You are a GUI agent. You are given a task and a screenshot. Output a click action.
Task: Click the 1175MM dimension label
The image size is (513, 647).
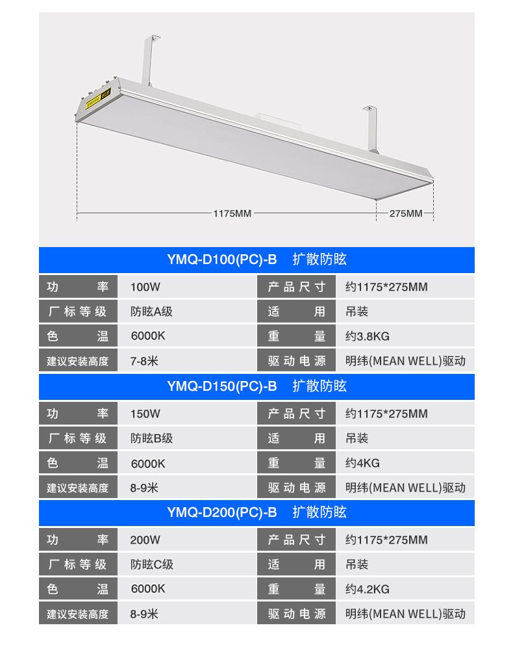tap(232, 213)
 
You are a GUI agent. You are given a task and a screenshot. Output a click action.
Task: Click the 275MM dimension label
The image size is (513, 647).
tap(406, 213)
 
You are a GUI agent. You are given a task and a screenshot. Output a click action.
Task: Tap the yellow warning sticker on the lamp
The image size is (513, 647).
tap(98, 99)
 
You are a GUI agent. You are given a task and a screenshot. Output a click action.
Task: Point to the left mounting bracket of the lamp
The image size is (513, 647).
tap(150, 60)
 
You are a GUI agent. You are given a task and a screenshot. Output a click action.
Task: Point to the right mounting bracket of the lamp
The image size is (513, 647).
tap(371, 129)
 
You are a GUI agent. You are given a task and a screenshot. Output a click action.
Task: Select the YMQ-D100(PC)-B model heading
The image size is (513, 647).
tap(221, 259)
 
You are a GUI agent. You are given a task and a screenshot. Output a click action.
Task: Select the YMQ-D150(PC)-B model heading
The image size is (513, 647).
tap(221, 386)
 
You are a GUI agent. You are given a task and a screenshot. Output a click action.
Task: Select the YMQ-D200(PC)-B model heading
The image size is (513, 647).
tap(221, 512)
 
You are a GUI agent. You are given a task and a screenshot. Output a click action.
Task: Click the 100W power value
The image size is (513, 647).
tap(145, 287)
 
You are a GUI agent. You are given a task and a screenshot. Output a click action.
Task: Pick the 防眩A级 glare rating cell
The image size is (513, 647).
tap(151, 311)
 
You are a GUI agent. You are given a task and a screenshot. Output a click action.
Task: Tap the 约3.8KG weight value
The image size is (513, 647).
tap(367, 336)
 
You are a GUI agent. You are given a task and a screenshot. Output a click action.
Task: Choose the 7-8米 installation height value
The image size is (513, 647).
tap(144, 361)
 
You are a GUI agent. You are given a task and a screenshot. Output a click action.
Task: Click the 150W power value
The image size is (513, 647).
tap(145, 414)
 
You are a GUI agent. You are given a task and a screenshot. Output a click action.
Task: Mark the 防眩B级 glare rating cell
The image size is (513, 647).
tap(151, 438)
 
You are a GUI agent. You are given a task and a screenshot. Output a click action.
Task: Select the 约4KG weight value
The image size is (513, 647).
tap(362, 463)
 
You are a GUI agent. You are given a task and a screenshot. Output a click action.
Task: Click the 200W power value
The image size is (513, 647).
tap(145, 540)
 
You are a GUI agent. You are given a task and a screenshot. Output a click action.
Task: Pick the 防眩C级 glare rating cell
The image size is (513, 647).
tap(152, 564)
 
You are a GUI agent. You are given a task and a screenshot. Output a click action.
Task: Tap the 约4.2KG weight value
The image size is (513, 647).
tap(367, 589)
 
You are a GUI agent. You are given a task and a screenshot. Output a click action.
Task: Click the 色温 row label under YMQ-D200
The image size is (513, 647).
tap(77, 589)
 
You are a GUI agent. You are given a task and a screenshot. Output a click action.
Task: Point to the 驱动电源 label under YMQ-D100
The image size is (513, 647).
tap(297, 361)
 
